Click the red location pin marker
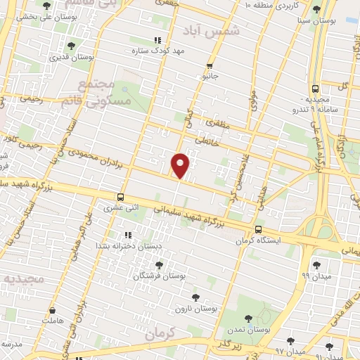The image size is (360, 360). (x=181, y=165)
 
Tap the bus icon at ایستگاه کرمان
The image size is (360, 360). (x=259, y=229)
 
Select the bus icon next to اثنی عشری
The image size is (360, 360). (x=121, y=197)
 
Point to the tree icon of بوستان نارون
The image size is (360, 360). (x=195, y=297)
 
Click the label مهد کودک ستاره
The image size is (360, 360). (x=157, y=51)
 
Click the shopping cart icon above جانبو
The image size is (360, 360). (x=210, y=65)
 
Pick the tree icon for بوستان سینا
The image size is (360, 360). (x=316, y=9)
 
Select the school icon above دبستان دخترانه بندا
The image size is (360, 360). (x=127, y=234)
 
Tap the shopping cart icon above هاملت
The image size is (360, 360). (x=51, y=309)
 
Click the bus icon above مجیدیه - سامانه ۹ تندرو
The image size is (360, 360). (x=314, y=89)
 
